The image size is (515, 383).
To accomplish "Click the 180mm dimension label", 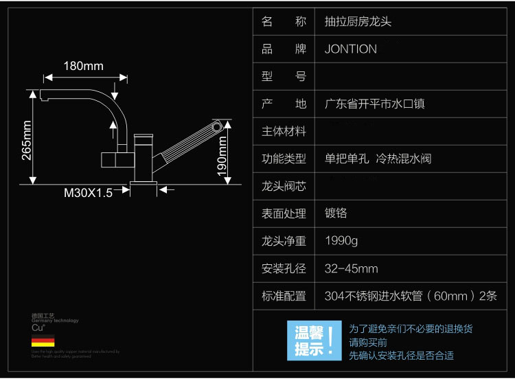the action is pyautogui.click(x=83, y=66).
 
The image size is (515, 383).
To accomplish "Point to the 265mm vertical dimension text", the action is pyautogui.click(x=27, y=140).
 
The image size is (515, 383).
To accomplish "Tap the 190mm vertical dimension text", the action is pyautogui.click(x=222, y=156).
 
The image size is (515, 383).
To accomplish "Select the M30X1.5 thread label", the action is pyautogui.click(x=88, y=193).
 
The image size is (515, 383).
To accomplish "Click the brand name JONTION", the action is pyautogui.click(x=350, y=49).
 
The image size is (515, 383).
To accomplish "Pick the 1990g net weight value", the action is pyautogui.click(x=341, y=241).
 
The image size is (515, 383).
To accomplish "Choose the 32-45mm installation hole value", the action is pyautogui.click(x=351, y=268).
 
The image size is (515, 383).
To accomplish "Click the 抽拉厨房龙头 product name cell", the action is pyautogui.click(x=358, y=21).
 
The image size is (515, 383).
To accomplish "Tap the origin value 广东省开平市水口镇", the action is pyautogui.click(x=374, y=104).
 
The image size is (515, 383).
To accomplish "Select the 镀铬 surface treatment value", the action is pyautogui.click(x=336, y=213).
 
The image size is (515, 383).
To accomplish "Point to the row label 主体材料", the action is pyautogui.click(x=284, y=131).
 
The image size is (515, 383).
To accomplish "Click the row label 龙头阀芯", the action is pyautogui.click(x=284, y=186).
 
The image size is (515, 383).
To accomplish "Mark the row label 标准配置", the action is pyautogui.click(x=284, y=296).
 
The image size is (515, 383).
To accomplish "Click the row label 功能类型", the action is pyautogui.click(x=284, y=159).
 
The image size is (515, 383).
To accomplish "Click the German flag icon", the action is pyautogui.click(x=43, y=340).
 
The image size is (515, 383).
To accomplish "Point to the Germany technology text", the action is pyautogui.click(x=55, y=321).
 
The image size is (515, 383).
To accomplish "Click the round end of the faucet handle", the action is pyautogui.click(x=217, y=126).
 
